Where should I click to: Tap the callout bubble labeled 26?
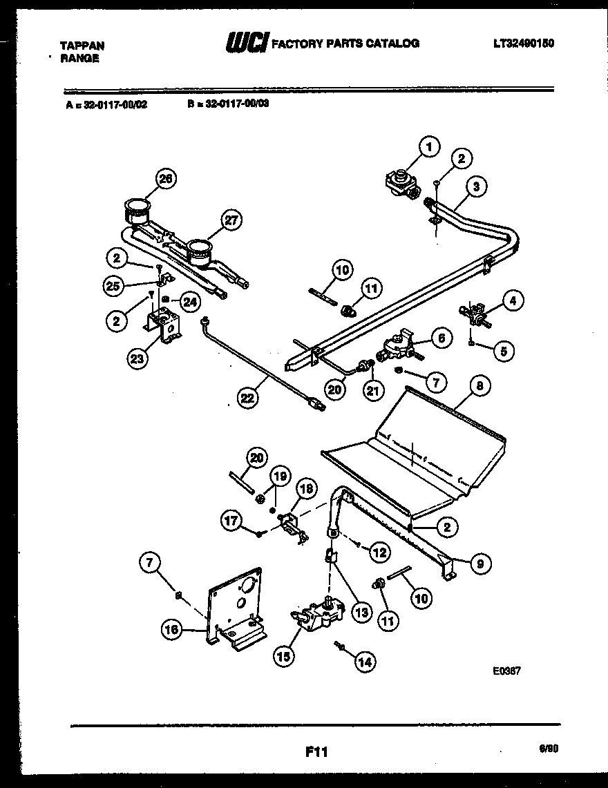click(165, 179)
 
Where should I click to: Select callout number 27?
click(231, 221)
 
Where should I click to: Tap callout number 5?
click(504, 351)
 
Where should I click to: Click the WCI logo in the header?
click(246, 43)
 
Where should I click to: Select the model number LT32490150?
click(524, 43)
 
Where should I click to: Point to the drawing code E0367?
click(507, 669)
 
